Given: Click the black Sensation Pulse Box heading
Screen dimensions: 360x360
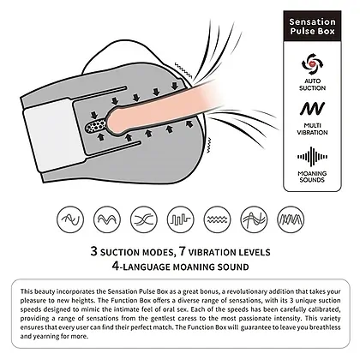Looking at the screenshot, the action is (312, 27).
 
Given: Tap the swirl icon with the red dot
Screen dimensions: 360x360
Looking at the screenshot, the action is (312, 64).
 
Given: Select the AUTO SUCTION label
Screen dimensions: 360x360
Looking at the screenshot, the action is (312, 85).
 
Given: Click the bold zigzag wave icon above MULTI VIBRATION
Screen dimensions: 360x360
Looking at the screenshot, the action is (312, 109).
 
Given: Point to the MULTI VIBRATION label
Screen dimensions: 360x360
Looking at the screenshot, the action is (312, 129).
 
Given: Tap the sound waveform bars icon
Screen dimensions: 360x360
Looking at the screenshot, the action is (312, 157).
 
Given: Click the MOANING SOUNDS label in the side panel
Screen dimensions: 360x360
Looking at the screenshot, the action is (312, 177).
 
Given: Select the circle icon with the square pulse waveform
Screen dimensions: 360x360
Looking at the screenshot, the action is (181, 219).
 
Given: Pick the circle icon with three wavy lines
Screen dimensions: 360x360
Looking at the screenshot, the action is (218, 219).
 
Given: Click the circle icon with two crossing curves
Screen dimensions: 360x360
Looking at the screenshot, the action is (144, 219).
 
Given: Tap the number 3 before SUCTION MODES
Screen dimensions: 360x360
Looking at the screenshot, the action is (94, 251).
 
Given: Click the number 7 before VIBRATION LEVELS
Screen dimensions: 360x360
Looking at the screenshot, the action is (183, 251).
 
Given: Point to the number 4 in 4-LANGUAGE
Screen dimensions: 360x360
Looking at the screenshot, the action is (116, 266).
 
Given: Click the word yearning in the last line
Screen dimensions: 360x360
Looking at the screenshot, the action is (43, 336).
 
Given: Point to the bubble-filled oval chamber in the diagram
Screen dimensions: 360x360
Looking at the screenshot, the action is (96, 126).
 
